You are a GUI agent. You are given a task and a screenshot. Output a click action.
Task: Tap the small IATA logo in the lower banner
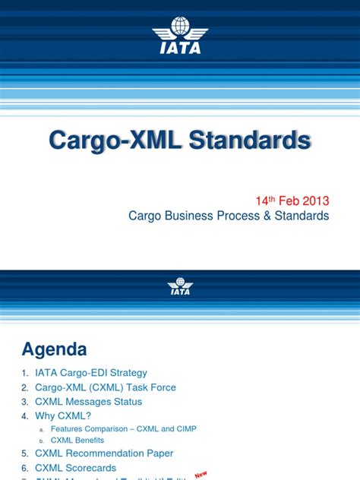coord(180,286)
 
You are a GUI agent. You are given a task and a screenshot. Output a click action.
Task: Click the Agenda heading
coord(54,349)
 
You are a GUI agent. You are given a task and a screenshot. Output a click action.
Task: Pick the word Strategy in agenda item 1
coord(127,373)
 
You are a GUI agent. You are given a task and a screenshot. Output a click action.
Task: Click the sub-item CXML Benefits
coord(77,440)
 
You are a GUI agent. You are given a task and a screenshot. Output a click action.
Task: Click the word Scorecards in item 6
coord(95,469)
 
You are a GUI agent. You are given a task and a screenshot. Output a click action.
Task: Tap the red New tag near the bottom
coord(201,474)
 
